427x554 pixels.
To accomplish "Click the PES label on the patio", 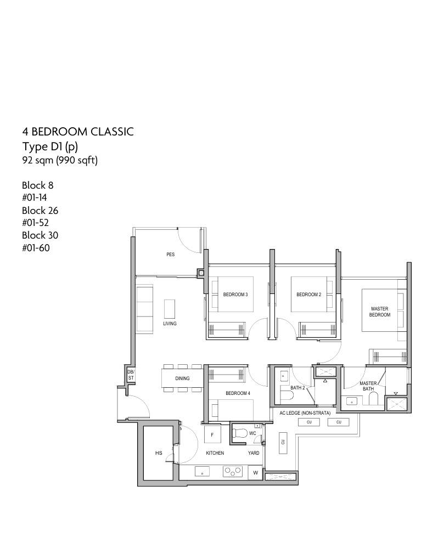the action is (170, 255).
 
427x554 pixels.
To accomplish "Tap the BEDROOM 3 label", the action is (235, 295).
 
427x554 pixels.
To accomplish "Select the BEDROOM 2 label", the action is (309, 295).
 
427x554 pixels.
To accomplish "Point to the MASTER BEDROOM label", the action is (380, 312).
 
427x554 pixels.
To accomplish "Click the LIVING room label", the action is (170, 324).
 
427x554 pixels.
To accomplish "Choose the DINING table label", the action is (182, 378).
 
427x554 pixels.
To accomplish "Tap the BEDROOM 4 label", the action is (238, 393).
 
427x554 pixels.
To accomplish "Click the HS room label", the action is (159, 453).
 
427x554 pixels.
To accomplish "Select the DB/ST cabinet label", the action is (131, 375).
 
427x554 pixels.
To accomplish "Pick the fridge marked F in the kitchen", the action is (212, 434).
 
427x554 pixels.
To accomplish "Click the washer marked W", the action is (256, 473).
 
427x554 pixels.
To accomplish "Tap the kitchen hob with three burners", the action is (233, 471).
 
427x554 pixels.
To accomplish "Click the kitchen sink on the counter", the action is (202, 472).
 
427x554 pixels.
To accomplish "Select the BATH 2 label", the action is (297, 388).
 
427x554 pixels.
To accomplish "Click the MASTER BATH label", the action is (368, 386).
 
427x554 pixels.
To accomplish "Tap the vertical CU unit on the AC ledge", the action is (283, 442).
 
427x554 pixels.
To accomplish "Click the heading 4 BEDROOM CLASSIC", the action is (78, 132).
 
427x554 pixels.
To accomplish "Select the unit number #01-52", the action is (35, 223).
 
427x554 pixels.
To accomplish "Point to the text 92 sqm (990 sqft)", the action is (60, 160).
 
